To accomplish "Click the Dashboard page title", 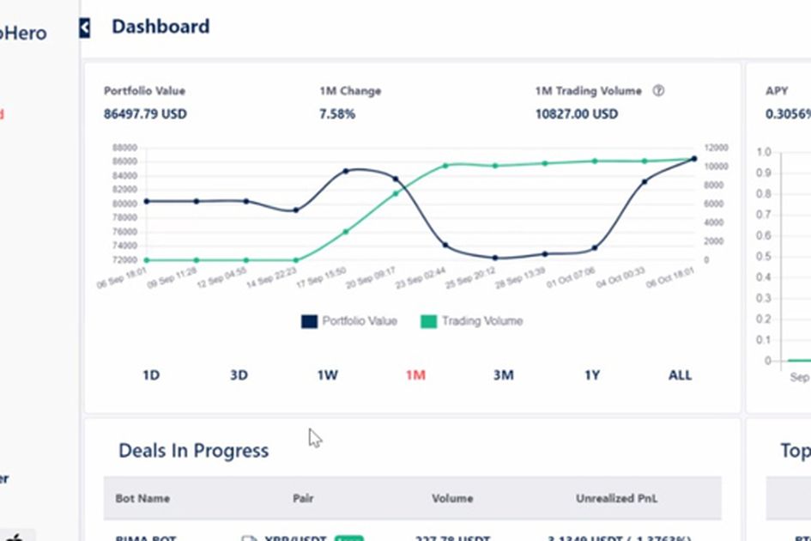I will [x=160, y=27].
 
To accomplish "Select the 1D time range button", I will [x=151, y=375].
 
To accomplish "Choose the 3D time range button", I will [x=239, y=375].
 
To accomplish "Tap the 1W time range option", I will [x=327, y=375].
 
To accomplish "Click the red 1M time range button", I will [x=415, y=375].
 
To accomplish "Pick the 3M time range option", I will [x=503, y=375].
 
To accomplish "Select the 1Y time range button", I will [x=592, y=375].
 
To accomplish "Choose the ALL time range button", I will [x=680, y=375].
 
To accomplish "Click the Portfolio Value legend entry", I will [x=349, y=321].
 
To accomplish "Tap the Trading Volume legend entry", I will [x=471, y=321].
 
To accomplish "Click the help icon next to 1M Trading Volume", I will [x=658, y=91].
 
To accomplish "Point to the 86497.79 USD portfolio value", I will [x=145, y=114].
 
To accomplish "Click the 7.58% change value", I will [x=337, y=114].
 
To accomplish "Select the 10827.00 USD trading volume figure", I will [x=576, y=114].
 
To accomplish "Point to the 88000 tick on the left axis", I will [x=124, y=148].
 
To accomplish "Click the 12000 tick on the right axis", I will [x=717, y=148].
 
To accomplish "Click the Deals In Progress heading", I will [x=193, y=451].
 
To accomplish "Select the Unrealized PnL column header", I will [x=617, y=498].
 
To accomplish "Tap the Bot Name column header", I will [x=142, y=498].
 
